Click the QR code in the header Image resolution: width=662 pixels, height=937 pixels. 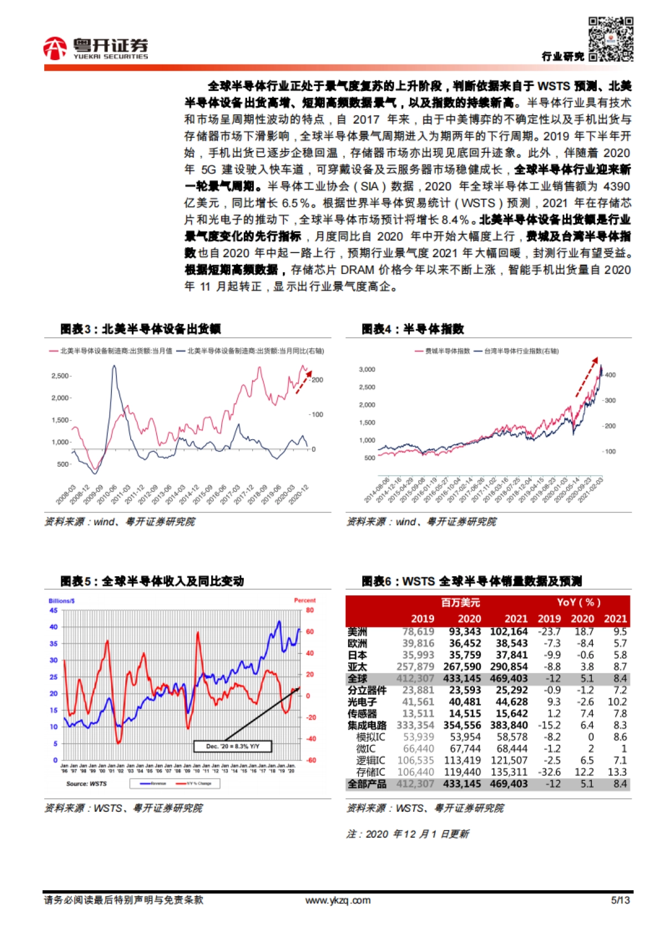click(x=610, y=39)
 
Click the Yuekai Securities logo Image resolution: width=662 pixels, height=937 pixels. click(x=96, y=48)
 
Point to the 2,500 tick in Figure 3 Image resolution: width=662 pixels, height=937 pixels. click(x=60, y=376)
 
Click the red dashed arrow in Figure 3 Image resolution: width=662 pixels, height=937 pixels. click(x=303, y=382)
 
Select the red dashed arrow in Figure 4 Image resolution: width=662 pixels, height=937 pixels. click(x=586, y=377)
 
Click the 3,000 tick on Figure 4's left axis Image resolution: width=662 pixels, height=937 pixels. click(x=367, y=370)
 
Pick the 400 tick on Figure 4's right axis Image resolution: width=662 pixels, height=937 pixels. click(x=610, y=375)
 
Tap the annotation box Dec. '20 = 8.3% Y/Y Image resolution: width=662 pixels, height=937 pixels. click(x=232, y=747)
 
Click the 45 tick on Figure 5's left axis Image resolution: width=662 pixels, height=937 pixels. click(x=54, y=610)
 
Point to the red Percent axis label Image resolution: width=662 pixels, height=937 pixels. click(x=305, y=600)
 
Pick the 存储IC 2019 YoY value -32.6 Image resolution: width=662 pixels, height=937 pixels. click(x=549, y=772)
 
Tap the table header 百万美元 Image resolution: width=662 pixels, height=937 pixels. click(x=461, y=603)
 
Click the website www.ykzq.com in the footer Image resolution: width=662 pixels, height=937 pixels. click(x=338, y=901)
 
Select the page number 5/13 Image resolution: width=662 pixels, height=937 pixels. click(x=620, y=901)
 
